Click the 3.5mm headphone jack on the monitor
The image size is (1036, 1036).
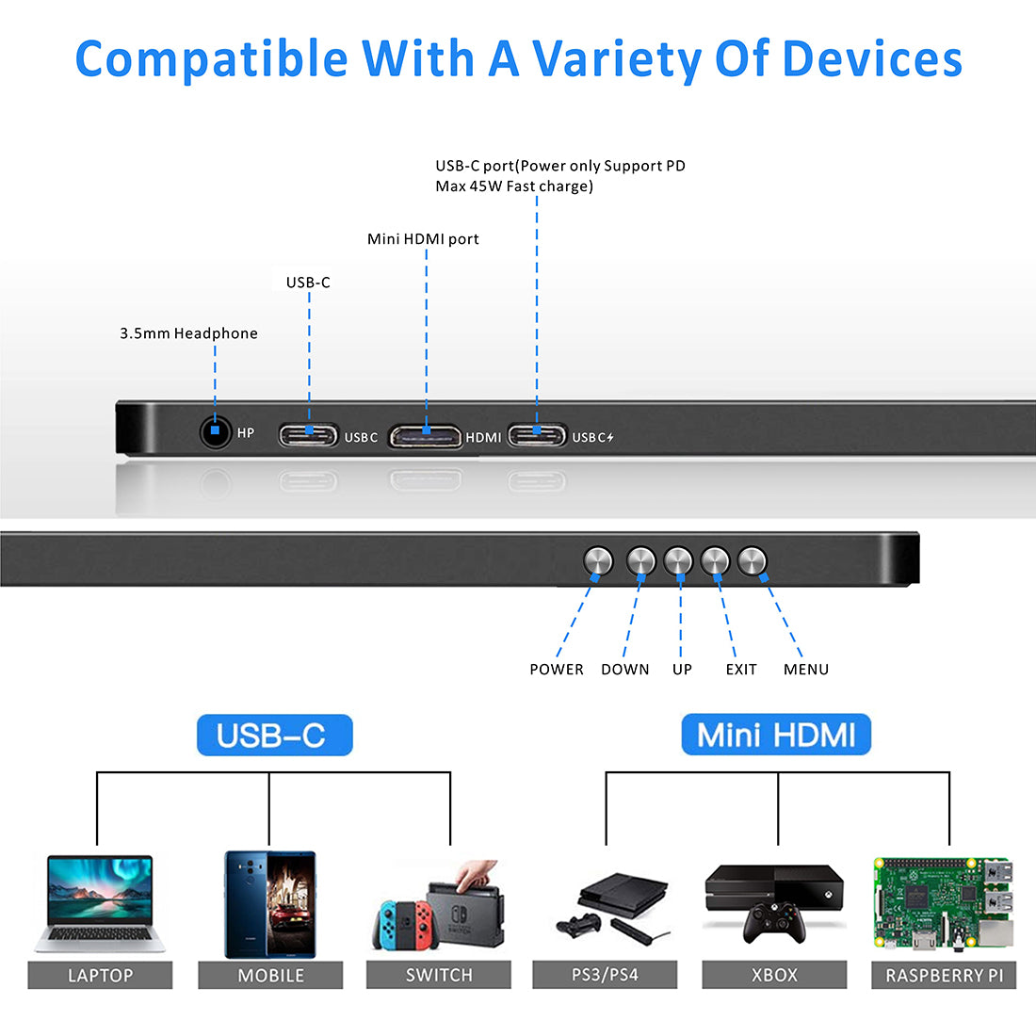(x=216, y=432)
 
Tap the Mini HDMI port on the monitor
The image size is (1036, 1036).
(x=426, y=436)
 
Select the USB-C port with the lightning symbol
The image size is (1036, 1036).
(x=537, y=435)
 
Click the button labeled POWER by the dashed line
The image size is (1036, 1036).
(x=598, y=561)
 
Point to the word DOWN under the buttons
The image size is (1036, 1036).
(x=625, y=670)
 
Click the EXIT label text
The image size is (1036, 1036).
(x=741, y=670)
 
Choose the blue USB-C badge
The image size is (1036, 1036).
(x=274, y=735)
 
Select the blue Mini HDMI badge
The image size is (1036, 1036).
(x=776, y=735)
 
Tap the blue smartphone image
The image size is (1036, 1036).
(x=270, y=904)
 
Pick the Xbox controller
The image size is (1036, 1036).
(x=774, y=922)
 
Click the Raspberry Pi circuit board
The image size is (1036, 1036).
(x=944, y=904)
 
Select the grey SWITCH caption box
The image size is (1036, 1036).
(x=439, y=975)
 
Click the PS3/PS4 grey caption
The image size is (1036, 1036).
(x=605, y=975)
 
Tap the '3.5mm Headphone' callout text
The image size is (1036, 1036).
(x=188, y=333)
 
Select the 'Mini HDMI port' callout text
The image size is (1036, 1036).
(x=423, y=239)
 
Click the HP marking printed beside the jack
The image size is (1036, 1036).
(x=246, y=433)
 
